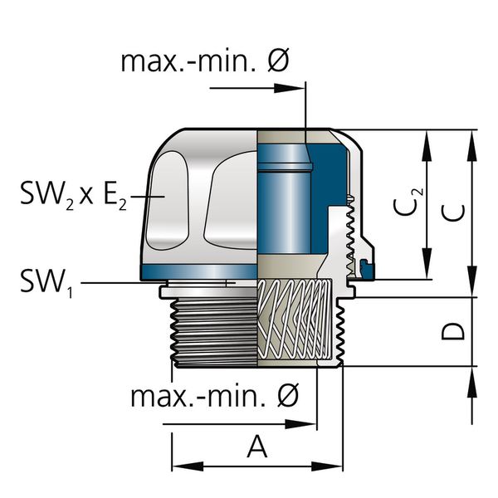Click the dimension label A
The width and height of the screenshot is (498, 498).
click(x=258, y=447)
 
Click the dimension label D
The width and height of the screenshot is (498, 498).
click(x=452, y=331)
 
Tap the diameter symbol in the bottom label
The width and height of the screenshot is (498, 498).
click(x=286, y=396)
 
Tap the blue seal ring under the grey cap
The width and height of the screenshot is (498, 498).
click(x=199, y=273)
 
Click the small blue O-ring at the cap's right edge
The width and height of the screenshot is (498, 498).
click(x=367, y=266)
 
